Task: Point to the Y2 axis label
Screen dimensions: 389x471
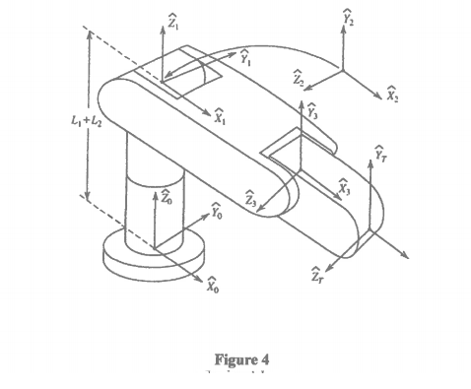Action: pyautogui.click(x=347, y=17)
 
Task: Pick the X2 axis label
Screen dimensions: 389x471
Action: pyautogui.click(x=392, y=96)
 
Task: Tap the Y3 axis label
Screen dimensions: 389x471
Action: pyautogui.click(x=311, y=111)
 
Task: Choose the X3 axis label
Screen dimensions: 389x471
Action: pyautogui.click(x=344, y=185)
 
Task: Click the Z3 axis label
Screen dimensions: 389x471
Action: pyautogui.click(x=251, y=196)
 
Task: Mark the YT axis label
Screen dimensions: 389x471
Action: pyautogui.click(x=381, y=154)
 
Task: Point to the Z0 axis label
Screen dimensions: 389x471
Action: pyautogui.click(x=166, y=197)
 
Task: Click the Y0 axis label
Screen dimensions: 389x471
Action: pyautogui.click(x=218, y=209)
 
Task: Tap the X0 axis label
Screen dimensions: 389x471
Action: pyautogui.click(x=212, y=287)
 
